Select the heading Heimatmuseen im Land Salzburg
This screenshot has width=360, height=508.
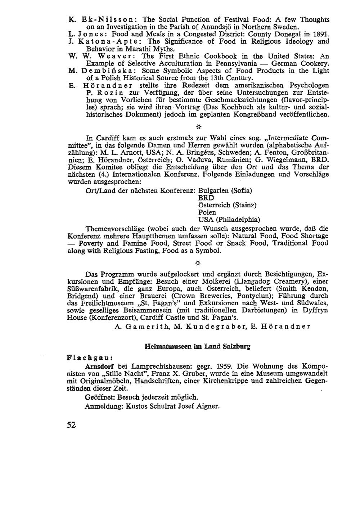click(x=197, y=347)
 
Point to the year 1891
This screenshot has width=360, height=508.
click(x=320, y=34)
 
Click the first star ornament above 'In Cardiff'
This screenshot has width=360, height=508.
click(x=198, y=127)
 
